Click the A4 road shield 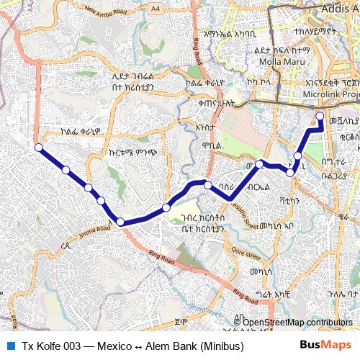156,8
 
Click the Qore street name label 245,254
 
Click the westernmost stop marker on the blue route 38,148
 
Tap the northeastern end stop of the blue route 320,115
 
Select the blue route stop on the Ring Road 120,222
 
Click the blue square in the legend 9,346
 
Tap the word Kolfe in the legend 48,346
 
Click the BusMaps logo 326,346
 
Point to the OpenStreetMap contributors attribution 297,322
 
